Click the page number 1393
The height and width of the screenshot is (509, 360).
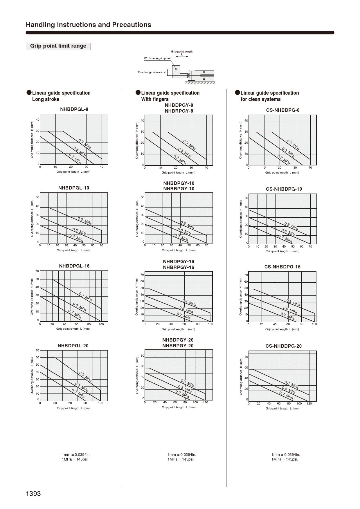click(33, 494)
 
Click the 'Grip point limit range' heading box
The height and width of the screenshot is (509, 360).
click(58, 46)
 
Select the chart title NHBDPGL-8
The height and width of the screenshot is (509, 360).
click(74, 109)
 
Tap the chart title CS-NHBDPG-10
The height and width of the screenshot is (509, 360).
click(284, 189)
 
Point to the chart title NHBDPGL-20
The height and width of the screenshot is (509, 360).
click(73, 346)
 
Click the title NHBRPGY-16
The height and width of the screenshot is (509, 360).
click(178, 267)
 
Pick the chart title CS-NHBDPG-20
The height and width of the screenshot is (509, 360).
click(283, 346)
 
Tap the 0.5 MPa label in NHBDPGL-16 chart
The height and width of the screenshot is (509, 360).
click(79, 307)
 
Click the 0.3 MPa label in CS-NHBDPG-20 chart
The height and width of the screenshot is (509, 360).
click(291, 385)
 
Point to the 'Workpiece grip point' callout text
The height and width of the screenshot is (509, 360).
click(157, 58)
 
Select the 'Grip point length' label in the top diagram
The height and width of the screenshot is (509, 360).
click(181, 52)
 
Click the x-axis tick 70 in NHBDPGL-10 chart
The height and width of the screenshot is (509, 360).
click(101, 246)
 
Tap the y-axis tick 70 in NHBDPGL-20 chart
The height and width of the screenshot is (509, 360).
click(37, 351)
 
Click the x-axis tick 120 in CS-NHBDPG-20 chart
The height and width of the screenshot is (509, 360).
click(309, 404)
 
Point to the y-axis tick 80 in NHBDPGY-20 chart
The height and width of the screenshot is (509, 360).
click(142, 356)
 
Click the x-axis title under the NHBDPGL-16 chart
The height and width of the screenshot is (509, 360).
click(73, 329)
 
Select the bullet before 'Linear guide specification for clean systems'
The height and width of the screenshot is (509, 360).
click(237, 93)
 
